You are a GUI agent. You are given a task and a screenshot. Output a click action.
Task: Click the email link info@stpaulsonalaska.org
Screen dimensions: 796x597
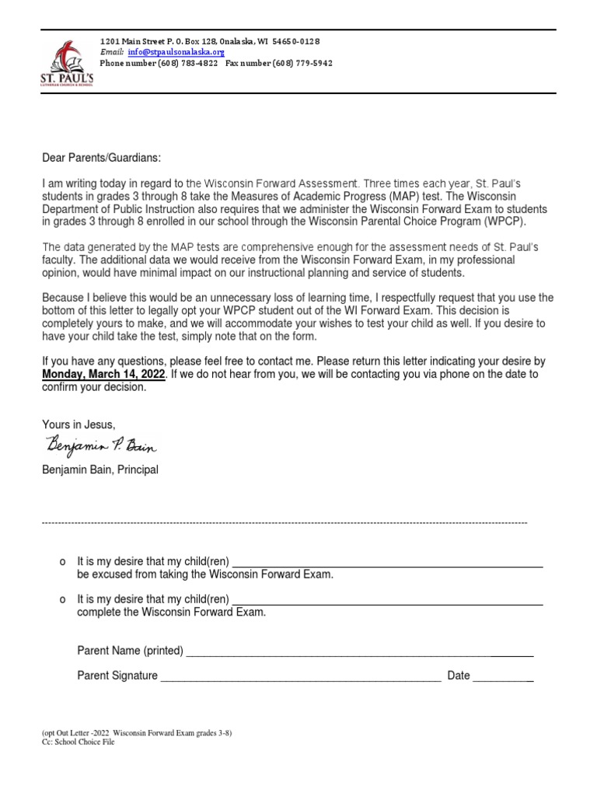click(176, 52)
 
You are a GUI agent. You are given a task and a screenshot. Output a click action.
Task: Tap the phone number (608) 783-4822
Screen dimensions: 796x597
click(187, 63)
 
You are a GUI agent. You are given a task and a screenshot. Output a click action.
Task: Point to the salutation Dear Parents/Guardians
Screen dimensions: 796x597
click(101, 158)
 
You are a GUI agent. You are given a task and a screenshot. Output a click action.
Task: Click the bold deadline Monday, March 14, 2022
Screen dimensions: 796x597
click(103, 374)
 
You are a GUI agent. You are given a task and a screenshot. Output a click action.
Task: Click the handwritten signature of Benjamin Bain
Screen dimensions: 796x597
click(101, 445)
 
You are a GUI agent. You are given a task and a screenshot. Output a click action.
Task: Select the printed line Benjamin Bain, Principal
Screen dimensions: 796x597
click(99, 470)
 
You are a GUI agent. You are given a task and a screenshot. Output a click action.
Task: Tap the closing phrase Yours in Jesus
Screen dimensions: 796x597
click(79, 424)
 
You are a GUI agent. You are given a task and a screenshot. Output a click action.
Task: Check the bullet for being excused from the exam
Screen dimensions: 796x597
click(61, 562)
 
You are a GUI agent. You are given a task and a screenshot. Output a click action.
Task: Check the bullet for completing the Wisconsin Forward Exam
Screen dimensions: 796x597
click(61, 600)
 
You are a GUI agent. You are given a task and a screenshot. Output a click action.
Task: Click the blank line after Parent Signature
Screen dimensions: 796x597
click(300, 677)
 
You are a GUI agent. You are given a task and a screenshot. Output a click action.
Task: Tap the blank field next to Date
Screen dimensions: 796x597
click(503, 677)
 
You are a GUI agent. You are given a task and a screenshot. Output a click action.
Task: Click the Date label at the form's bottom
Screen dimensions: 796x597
click(459, 676)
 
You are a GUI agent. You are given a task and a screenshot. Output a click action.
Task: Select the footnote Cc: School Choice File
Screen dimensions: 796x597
click(78, 743)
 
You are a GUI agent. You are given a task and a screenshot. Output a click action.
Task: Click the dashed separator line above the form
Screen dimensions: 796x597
click(285, 522)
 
